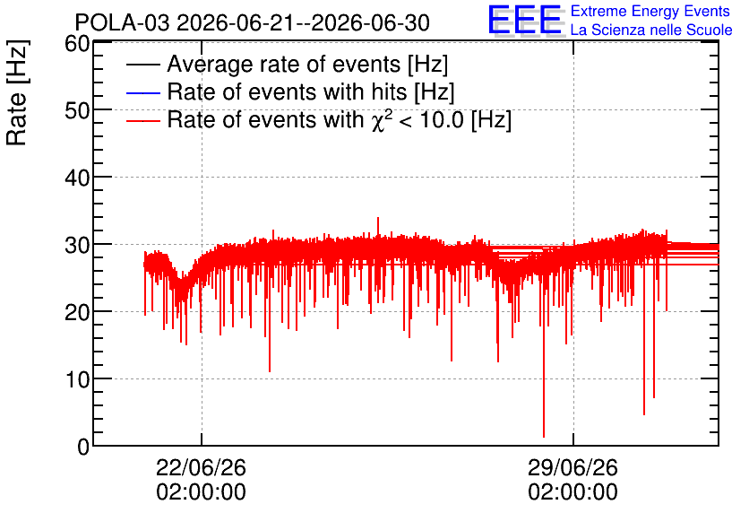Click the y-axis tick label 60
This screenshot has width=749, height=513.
[77, 44]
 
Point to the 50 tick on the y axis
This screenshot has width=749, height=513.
[77, 111]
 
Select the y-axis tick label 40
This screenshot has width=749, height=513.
[77, 178]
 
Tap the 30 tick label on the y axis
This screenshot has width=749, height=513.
[77, 246]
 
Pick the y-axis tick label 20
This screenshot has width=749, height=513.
[77, 313]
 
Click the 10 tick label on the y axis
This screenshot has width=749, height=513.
[77, 380]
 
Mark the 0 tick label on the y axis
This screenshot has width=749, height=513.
[83, 447]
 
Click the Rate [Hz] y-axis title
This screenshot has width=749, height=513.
[17, 92]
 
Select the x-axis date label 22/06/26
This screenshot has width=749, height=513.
[201, 467]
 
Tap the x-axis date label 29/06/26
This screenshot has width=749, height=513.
[573, 467]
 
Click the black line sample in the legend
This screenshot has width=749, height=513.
[142, 65]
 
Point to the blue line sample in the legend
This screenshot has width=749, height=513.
[142, 92]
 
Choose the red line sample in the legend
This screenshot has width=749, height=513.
[142, 120]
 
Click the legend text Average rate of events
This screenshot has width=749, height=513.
[284, 64]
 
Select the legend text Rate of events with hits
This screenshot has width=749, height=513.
[287, 91]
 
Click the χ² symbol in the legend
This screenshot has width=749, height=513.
[382, 119]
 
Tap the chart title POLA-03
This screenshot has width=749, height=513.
[122, 22]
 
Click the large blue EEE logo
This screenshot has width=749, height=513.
[525, 20]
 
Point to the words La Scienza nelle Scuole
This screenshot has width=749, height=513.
[651, 30]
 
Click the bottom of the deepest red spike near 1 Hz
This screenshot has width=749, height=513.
[544, 437]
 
